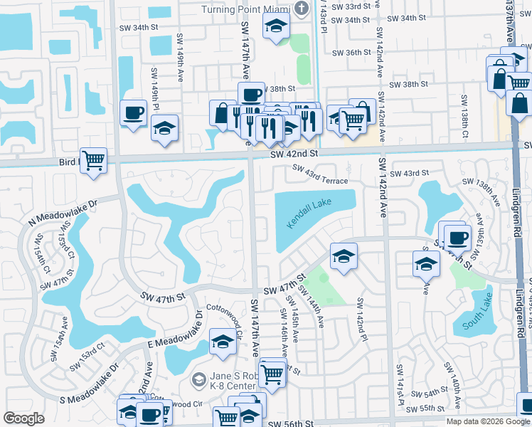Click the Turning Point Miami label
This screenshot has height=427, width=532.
(246, 9)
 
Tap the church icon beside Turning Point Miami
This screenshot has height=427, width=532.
(301, 9)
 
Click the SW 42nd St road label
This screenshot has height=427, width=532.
(293, 153)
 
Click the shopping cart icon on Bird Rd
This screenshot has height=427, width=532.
(94, 160)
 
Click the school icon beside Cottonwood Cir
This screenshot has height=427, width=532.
(223, 342)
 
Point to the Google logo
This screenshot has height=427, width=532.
(23, 418)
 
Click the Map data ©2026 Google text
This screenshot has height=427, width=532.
(487, 421)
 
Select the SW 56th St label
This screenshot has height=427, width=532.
(292, 424)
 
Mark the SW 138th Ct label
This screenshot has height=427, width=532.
(464, 107)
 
